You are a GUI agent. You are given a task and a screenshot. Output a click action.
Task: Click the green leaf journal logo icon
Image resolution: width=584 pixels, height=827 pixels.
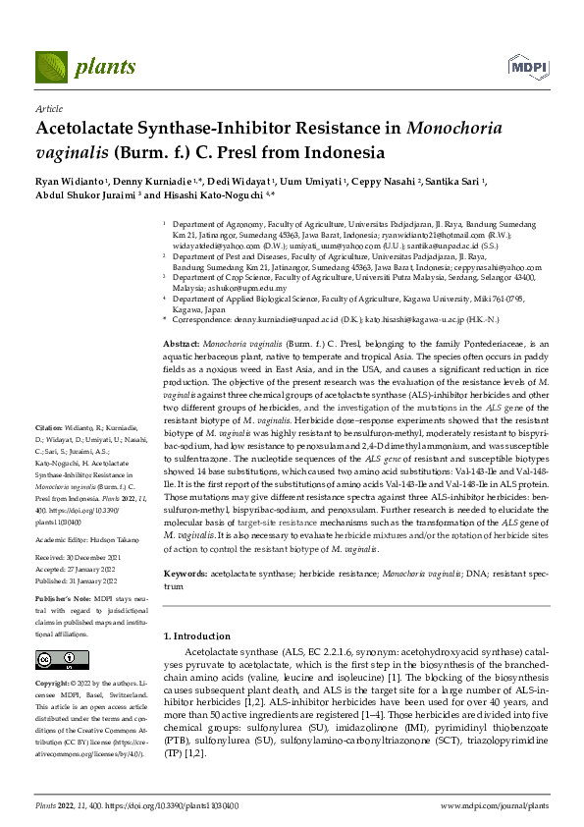tap(52, 66)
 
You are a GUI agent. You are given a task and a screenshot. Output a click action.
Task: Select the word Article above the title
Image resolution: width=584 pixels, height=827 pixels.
tap(48, 109)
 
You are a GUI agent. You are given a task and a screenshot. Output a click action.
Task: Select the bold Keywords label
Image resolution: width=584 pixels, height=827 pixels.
tap(186, 571)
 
